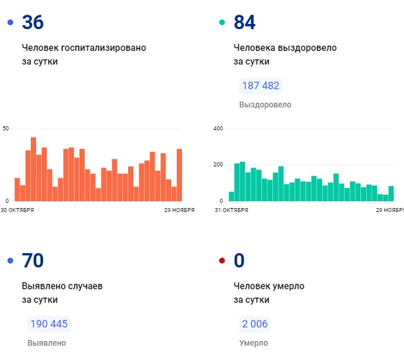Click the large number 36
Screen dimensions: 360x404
(x=33, y=23)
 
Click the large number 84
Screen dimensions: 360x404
(x=244, y=23)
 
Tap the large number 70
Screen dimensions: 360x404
(x=33, y=260)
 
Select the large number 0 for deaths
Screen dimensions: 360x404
(x=239, y=260)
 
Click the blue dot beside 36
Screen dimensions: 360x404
(x=9, y=23)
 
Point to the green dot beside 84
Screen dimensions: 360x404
(x=222, y=23)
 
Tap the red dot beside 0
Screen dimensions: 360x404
(x=222, y=261)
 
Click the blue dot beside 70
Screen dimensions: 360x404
(x=9, y=261)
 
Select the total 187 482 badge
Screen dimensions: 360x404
(x=260, y=86)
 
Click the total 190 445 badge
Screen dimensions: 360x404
(x=48, y=324)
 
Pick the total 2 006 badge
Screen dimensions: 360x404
(x=254, y=324)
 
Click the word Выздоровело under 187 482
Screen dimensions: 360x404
(x=265, y=105)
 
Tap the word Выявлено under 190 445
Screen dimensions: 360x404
(x=47, y=343)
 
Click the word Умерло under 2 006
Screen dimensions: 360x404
(x=253, y=343)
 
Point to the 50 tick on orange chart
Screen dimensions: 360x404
(x=6, y=129)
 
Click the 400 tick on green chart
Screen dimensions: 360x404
(x=218, y=129)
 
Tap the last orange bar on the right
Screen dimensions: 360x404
(x=179, y=175)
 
